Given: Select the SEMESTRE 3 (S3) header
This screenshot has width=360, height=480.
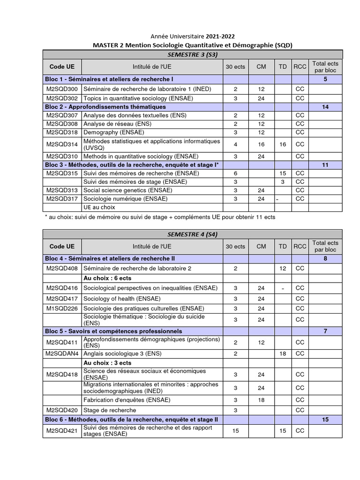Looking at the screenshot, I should tap(192, 55).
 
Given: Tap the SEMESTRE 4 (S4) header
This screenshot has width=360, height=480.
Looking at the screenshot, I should tap(192, 234).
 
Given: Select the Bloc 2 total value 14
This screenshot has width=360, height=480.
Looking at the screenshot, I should tap(325, 107).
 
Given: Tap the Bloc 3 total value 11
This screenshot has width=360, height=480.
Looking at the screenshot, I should tap(325, 165).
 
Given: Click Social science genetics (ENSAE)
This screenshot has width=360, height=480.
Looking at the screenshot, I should tap(127, 190).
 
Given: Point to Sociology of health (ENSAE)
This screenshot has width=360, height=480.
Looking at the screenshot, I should tap(122, 299).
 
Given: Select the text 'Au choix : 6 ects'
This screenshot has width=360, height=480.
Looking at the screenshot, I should tap(107, 278).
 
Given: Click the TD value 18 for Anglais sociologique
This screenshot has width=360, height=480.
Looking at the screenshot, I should tap(283, 353).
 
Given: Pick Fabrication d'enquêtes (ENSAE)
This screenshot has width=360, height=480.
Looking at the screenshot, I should tap(127, 400).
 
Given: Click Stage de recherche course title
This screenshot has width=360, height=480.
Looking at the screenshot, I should tap(110, 410).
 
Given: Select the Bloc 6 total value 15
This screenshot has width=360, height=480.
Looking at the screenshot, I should tap(325, 420).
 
